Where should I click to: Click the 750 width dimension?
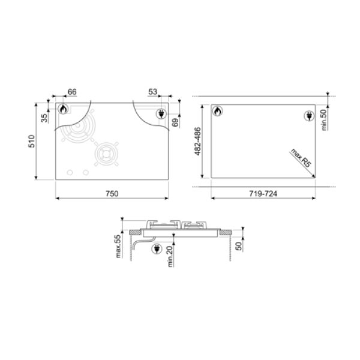[x=112, y=193]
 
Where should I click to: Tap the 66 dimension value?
[x=71, y=92]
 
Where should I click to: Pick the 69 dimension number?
[x=175, y=123]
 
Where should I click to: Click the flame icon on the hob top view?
[x=62, y=110]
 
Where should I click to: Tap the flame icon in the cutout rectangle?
[x=217, y=112]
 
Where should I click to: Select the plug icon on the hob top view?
[x=161, y=114]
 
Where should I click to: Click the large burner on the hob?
[x=79, y=133]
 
